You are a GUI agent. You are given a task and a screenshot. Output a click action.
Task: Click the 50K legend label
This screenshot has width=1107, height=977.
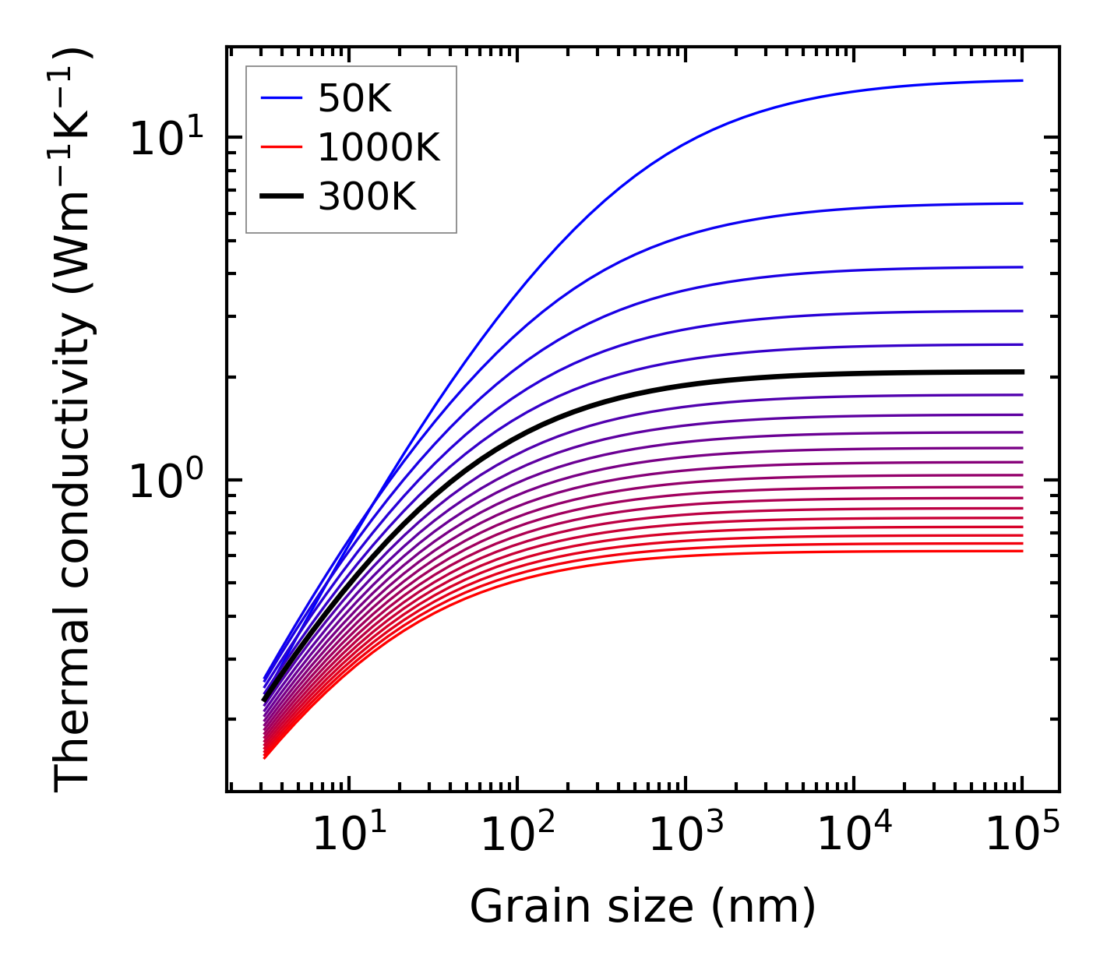pyautogui.click(x=354, y=98)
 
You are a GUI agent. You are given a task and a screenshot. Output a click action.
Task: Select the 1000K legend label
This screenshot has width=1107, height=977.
pyautogui.click(x=379, y=147)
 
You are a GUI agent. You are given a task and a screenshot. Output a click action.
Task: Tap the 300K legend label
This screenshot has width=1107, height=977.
pyautogui.click(x=367, y=197)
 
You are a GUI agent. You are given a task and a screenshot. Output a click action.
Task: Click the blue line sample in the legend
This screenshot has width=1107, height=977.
pyautogui.click(x=281, y=98)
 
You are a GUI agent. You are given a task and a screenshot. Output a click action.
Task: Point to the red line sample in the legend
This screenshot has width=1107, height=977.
pyautogui.click(x=281, y=147)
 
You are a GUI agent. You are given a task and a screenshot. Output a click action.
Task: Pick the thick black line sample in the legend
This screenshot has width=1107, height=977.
pyautogui.click(x=281, y=197)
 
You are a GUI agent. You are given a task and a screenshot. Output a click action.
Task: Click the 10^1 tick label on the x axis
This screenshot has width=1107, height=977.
pyautogui.click(x=349, y=834)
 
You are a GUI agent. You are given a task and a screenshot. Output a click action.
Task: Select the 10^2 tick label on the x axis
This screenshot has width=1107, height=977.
pyautogui.click(x=517, y=834)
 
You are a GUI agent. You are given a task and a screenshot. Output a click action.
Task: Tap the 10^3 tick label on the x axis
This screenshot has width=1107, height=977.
pyautogui.click(x=686, y=834)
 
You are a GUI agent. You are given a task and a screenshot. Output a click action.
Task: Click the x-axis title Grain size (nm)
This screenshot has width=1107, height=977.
pyautogui.click(x=643, y=907)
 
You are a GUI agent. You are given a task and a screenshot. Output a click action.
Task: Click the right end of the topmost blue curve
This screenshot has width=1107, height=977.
pyautogui.click(x=1021, y=80)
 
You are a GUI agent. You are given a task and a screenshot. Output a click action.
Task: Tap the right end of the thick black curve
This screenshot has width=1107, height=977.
pyautogui.click(x=1021, y=372)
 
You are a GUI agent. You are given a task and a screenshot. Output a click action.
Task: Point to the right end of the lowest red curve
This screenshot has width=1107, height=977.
pyautogui.click(x=1021, y=552)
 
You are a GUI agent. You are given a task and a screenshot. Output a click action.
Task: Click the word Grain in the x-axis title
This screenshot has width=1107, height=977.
pyautogui.click(x=516, y=907)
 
